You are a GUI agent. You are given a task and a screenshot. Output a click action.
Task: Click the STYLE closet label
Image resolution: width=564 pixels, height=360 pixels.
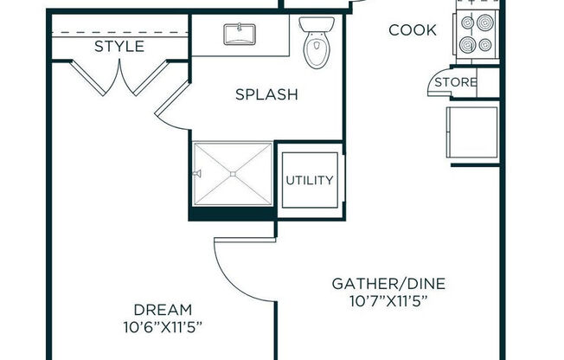[119, 46]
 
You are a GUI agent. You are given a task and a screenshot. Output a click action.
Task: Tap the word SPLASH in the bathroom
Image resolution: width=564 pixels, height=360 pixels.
[266, 94]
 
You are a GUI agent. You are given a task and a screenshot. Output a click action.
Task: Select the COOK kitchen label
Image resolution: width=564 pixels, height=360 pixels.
[413, 30]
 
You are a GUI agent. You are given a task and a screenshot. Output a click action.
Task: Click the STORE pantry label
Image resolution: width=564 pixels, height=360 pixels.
[455, 82]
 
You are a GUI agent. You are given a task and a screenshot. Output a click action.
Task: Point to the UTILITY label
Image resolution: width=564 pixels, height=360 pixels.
[310, 180]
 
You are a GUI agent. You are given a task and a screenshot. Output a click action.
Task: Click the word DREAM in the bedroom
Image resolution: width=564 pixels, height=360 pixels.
[163, 309]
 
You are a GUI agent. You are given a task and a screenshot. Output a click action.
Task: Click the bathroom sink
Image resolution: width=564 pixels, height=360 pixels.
[239, 35]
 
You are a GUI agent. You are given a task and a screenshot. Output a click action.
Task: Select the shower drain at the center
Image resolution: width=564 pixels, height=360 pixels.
[233, 174]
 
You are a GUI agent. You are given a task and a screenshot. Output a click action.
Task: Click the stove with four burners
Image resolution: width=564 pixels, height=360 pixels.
[477, 32]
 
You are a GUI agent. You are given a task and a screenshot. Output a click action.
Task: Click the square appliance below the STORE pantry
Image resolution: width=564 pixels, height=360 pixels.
[472, 132]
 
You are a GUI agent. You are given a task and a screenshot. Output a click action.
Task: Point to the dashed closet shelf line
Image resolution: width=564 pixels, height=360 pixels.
[119, 35]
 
